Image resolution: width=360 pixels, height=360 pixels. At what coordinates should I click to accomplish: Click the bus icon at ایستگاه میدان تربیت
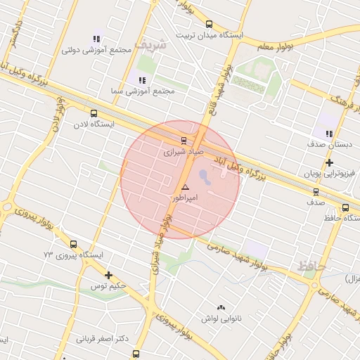[x=208, y=25]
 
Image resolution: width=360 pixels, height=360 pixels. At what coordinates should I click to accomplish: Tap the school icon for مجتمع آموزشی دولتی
[x=97, y=38]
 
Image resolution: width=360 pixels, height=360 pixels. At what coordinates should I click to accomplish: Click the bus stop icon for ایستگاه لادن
[x=94, y=112]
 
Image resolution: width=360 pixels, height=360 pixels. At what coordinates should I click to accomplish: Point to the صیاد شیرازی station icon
[x=184, y=140]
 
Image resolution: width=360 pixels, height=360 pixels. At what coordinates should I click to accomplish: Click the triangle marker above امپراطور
[x=186, y=187]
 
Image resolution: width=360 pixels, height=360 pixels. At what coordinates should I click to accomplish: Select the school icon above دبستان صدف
[x=328, y=133]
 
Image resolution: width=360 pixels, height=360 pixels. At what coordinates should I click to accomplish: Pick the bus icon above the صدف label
[x=315, y=191]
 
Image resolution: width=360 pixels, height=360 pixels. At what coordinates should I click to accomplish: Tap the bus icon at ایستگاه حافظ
[x=345, y=207]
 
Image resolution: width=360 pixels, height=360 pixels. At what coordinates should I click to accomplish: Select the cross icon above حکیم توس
[x=108, y=275]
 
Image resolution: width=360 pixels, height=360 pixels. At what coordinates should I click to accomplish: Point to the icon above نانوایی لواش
[x=221, y=307]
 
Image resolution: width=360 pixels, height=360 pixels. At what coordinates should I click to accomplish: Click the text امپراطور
[x=186, y=199]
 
